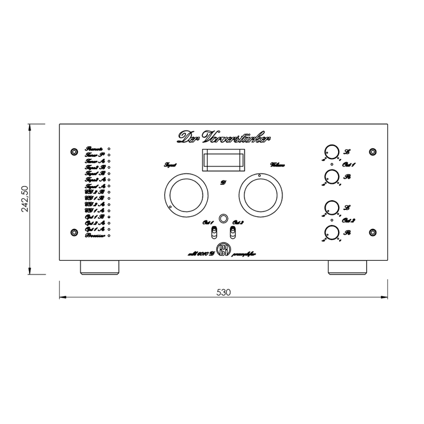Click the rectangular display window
point(223,160)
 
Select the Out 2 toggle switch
point(233,232)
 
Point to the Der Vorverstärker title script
point(223,137)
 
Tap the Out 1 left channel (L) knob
point(331,151)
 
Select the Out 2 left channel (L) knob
point(331,207)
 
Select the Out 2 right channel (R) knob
point(331,233)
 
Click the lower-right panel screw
point(372,233)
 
